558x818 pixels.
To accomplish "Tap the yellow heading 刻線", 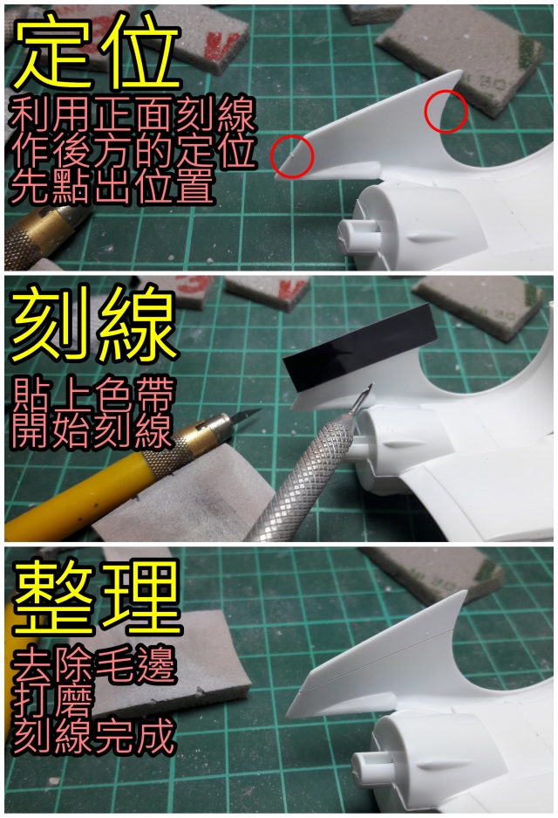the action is point(95,324).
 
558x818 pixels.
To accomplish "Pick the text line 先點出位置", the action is point(112,187).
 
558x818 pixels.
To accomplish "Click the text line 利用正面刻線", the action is point(133,113).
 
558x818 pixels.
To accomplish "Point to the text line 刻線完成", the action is point(94,737).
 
